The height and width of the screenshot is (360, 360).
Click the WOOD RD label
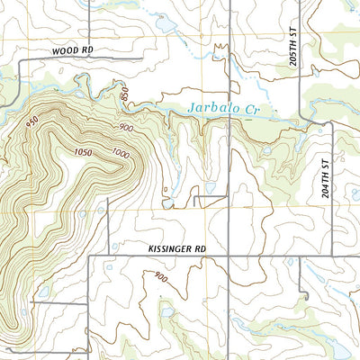click(x=73, y=51)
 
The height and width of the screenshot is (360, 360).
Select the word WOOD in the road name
click(x=65, y=51)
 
